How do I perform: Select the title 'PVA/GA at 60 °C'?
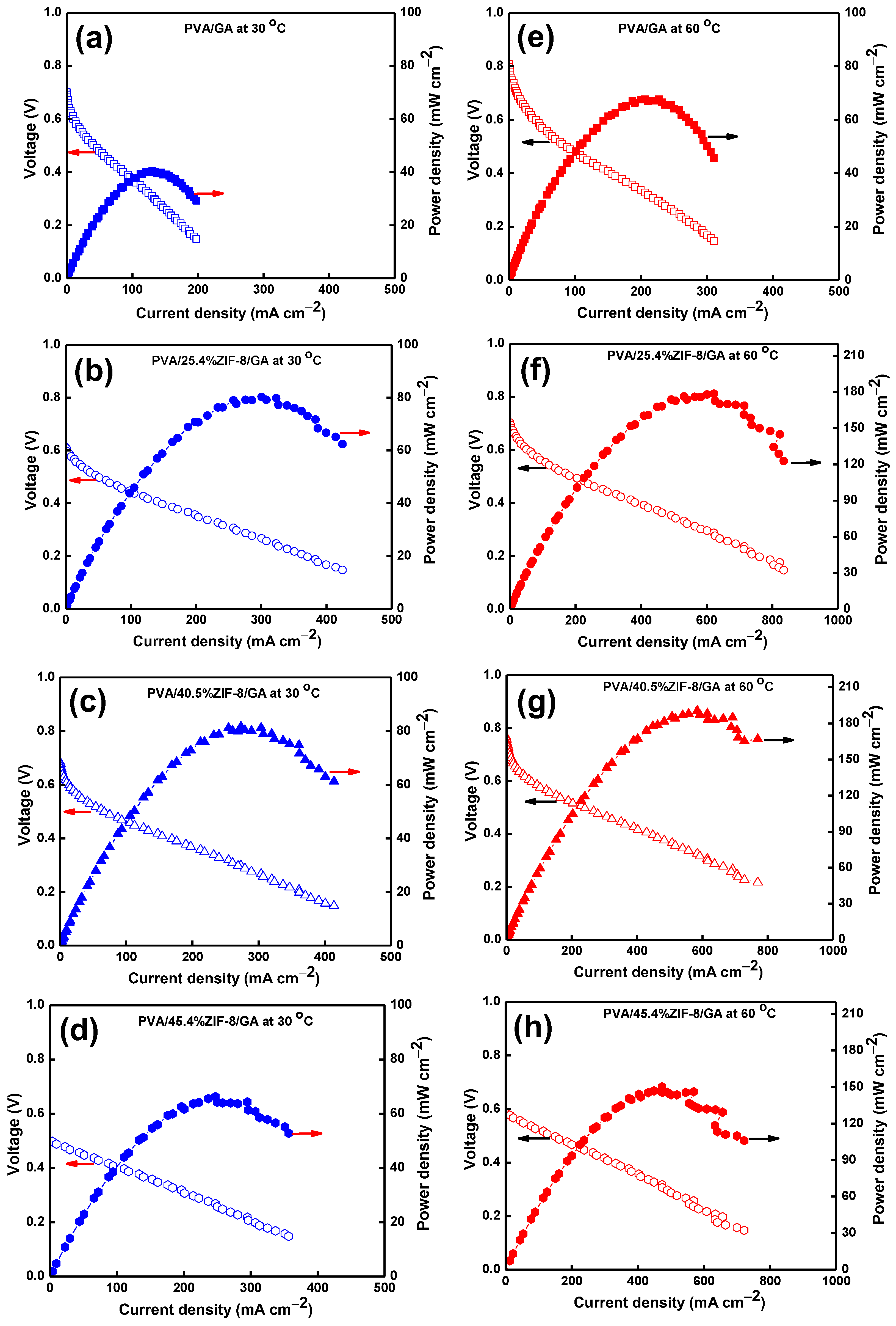tap(668, 27)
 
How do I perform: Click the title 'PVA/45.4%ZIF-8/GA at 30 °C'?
tap(225, 1020)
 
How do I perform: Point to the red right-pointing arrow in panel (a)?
tap(209, 193)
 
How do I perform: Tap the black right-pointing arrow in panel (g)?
tap(779, 740)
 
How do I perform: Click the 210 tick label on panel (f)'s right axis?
tap(853, 355)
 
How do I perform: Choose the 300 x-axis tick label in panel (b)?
tap(261, 620)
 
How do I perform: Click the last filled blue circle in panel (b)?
tap(342, 444)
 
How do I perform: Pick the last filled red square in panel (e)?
tap(714, 158)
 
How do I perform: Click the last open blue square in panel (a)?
tap(196, 238)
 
